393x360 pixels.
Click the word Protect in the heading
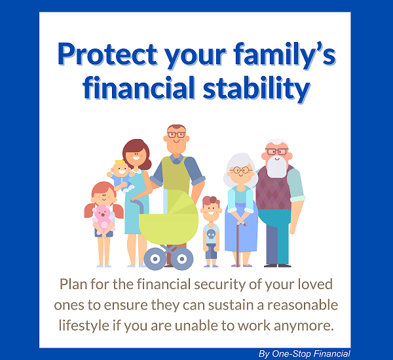[x=108, y=54]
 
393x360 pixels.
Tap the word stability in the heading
[x=257, y=89]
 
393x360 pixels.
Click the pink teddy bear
[x=103, y=219]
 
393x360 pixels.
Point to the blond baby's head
[x=121, y=168]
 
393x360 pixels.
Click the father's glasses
[x=177, y=134]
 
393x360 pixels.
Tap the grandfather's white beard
[x=277, y=167]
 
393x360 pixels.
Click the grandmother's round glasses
[x=241, y=170]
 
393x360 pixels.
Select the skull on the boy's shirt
[x=211, y=235]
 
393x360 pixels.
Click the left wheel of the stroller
[x=155, y=259]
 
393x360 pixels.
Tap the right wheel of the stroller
[x=182, y=259]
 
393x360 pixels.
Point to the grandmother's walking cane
[x=239, y=243]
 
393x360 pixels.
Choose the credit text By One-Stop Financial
[x=305, y=353]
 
